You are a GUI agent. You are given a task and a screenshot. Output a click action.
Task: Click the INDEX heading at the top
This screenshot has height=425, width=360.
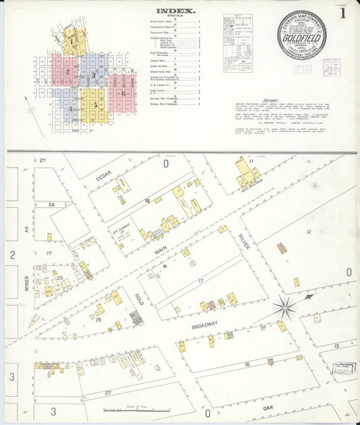(x=176, y=11)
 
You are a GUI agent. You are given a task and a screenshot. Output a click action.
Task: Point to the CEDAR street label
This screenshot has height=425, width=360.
(x=103, y=176)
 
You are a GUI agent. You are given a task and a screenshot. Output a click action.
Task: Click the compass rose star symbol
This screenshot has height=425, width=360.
(x=285, y=307)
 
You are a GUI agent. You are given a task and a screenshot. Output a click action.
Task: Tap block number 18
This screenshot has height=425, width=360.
(x=147, y=201)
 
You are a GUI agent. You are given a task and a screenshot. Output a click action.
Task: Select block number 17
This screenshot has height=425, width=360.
(x=200, y=280)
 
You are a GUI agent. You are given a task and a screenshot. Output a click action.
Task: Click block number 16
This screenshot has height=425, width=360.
(x=247, y=364)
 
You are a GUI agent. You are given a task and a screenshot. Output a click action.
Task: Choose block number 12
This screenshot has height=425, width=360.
(x=307, y=232)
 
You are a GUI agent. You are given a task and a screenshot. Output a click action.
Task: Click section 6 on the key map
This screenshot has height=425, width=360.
(x=124, y=93)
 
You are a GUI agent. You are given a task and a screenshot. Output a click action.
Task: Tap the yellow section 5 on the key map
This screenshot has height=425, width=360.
(x=96, y=105)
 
